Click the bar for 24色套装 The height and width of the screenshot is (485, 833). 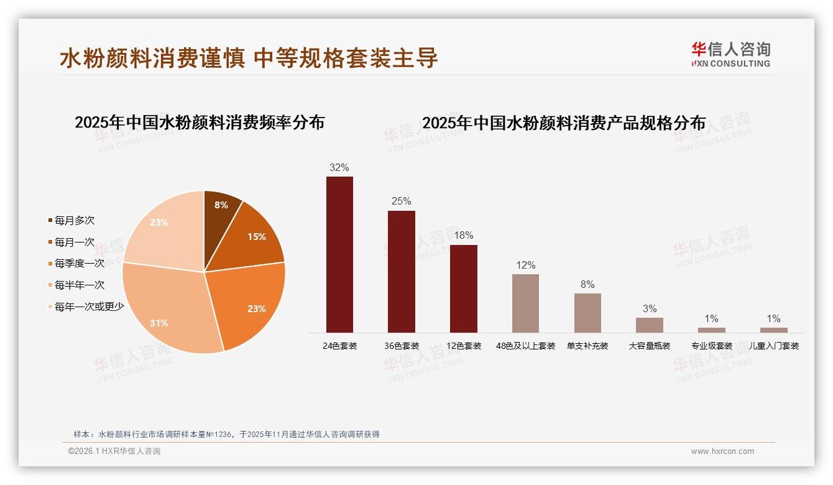tap(339, 254)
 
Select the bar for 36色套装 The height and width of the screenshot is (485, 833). tap(402, 271)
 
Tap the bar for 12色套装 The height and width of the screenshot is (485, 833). tap(464, 289)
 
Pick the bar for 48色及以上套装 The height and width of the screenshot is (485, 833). tap(525, 303)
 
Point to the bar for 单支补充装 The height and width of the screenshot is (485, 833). tap(587, 313)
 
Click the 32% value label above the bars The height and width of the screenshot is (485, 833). tap(339, 167)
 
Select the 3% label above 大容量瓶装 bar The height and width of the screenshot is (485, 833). tap(650, 308)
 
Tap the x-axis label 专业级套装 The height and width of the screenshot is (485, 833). tap(712, 346)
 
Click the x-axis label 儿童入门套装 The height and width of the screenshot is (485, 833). tap(774, 346)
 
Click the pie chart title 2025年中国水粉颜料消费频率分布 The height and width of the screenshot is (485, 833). tap(200, 122)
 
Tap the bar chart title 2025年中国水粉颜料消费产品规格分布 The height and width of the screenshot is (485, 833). tap(564, 123)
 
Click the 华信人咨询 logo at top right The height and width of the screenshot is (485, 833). tap(730, 54)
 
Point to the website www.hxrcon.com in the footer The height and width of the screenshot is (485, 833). tap(722, 451)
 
